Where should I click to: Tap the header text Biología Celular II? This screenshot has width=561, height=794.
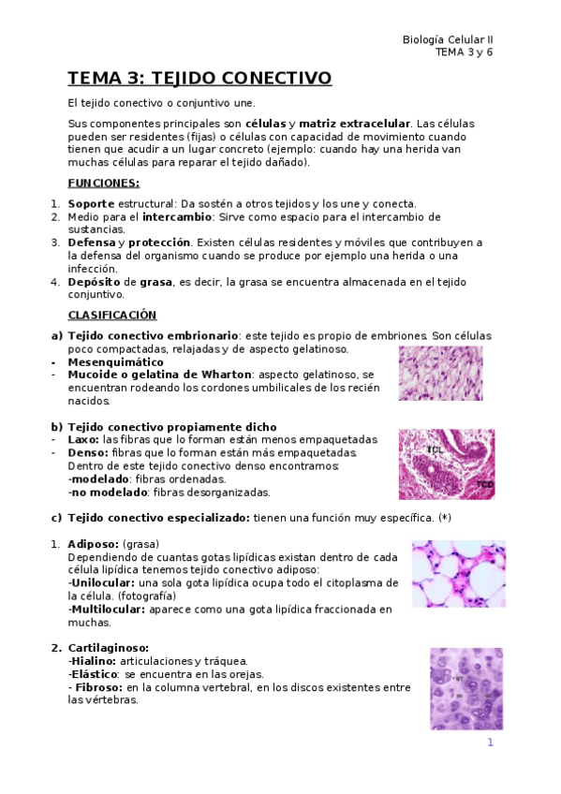[447, 40]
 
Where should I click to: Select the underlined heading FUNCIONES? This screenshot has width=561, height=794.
[103, 183]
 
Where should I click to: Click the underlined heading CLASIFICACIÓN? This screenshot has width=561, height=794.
[112, 315]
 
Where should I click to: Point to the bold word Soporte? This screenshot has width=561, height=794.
[91, 204]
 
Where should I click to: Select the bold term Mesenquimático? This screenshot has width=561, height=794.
[116, 361]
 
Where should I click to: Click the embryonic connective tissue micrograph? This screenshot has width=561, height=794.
[440, 374]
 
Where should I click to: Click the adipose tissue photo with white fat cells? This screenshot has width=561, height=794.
[458, 574]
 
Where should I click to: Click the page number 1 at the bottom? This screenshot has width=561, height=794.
[490, 743]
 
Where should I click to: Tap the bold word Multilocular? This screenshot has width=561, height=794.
[106, 610]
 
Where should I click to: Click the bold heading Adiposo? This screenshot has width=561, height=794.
[93, 544]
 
